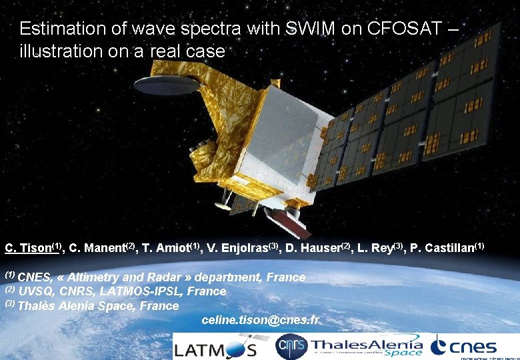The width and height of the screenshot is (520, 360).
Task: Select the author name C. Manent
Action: pyautogui.click(x=101, y=249)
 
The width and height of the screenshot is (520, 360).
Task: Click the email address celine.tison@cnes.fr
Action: pyautogui.click(x=260, y=321)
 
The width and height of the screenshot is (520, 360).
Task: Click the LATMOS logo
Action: pyautogui.click(x=215, y=347)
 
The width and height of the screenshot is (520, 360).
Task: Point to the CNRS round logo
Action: pyautogui.click(x=291, y=347)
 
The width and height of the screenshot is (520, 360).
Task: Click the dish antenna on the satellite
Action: pyautogui.click(x=166, y=85)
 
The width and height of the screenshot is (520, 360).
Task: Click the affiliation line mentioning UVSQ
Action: pyautogui.click(x=121, y=291)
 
